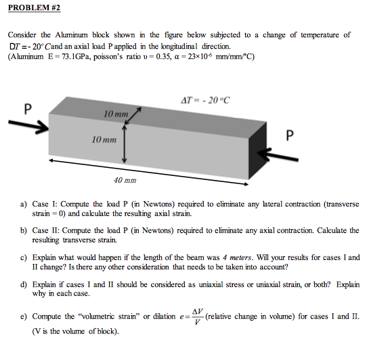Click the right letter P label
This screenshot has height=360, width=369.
[290, 135]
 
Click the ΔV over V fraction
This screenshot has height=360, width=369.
[196, 316]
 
